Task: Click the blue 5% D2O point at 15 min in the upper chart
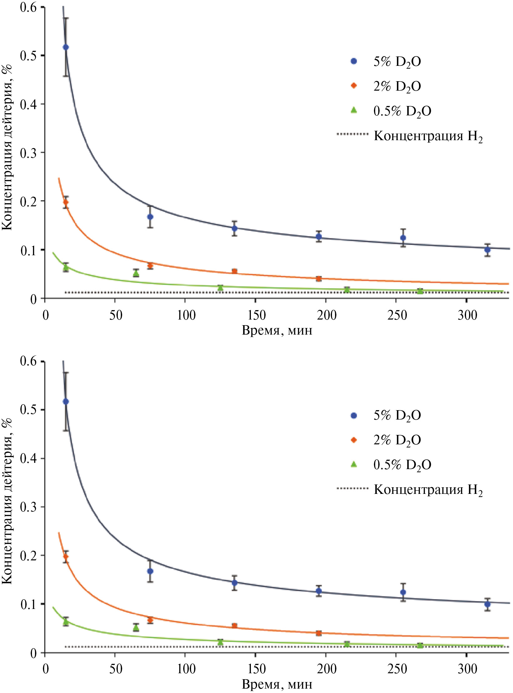pyautogui.click(x=66, y=47)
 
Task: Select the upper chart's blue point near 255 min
pyautogui.click(x=403, y=238)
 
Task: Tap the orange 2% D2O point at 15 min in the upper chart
pyautogui.click(x=66, y=202)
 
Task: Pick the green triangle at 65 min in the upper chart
pyautogui.click(x=136, y=273)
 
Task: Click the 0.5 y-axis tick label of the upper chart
pyautogui.click(x=28, y=56)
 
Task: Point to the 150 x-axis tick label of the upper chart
pyautogui.click(x=256, y=315)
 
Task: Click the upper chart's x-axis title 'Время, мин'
pyautogui.click(x=277, y=331)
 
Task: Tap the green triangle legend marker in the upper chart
pyautogui.click(x=354, y=110)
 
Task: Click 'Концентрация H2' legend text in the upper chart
pyautogui.click(x=428, y=136)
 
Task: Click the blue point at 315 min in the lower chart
pyautogui.click(x=487, y=604)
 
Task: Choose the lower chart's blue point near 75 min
pyautogui.click(x=150, y=571)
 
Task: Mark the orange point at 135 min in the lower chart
pyautogui.click(x=234, y=626)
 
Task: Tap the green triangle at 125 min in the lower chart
pyautogui.click(x=220, y=642)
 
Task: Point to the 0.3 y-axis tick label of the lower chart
pyautogui.click(x=28, y=507)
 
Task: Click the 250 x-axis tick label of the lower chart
pyautogui.click(x=397, y=669)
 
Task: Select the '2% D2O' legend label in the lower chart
pyautogui.click(x=397, y=440)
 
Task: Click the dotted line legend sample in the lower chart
pyautogui.click(x=352, y=488)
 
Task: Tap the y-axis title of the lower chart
pyautogui.click(x=8, y=502)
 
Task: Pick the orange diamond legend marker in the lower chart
pyautogui.click(x=354, y=440)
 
